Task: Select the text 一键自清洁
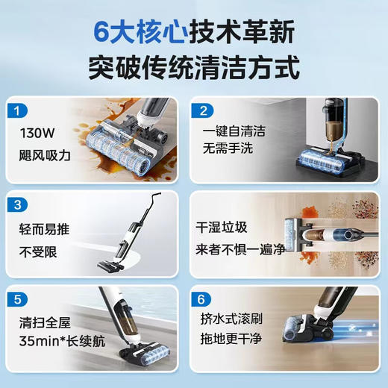click(234, 131)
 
